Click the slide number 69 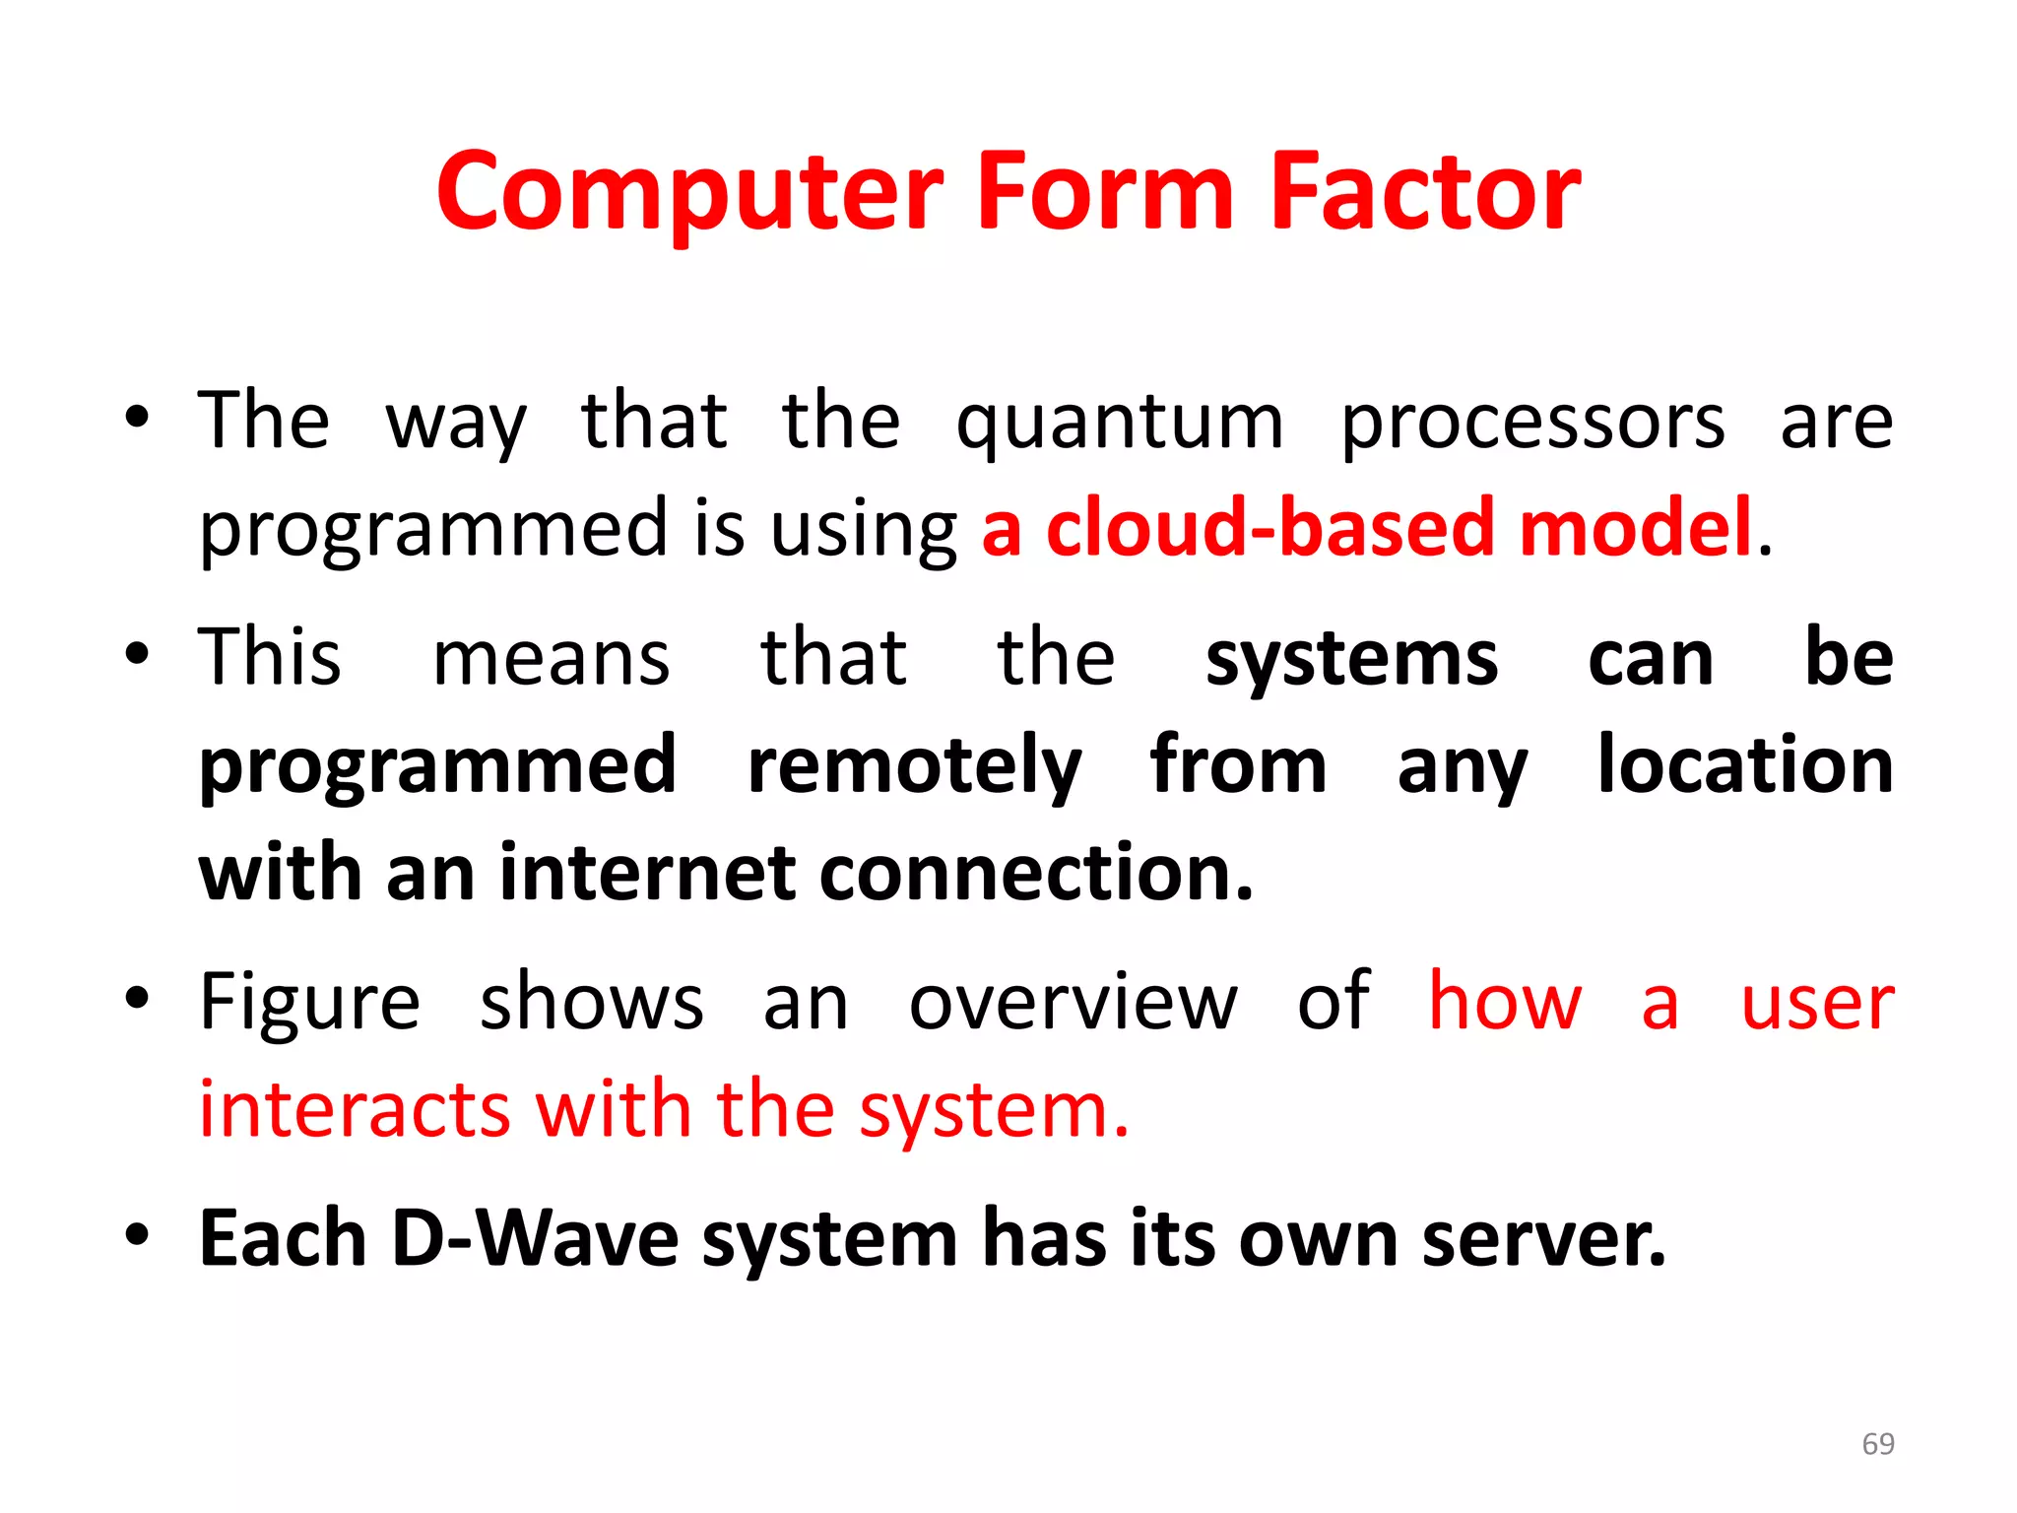click(1878, 1444)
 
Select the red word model click(1636, 529)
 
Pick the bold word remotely click(914, 767)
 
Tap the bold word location click(1744, 765)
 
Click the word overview click(1073, 1003)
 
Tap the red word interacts click(355, 1110)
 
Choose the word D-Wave click(535, 1238)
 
